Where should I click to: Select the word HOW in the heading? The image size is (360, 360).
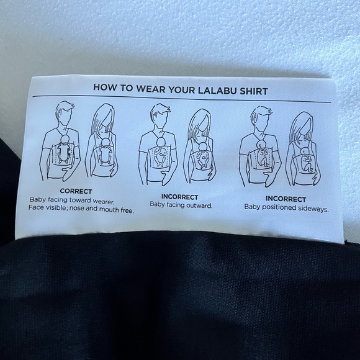(104, 88)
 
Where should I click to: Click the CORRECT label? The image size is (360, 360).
(76, 191)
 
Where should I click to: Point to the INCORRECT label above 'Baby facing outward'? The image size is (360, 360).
(180, 196)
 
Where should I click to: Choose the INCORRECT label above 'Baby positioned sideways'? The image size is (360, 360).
(285, 198)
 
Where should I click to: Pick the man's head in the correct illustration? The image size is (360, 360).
(64, 112)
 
